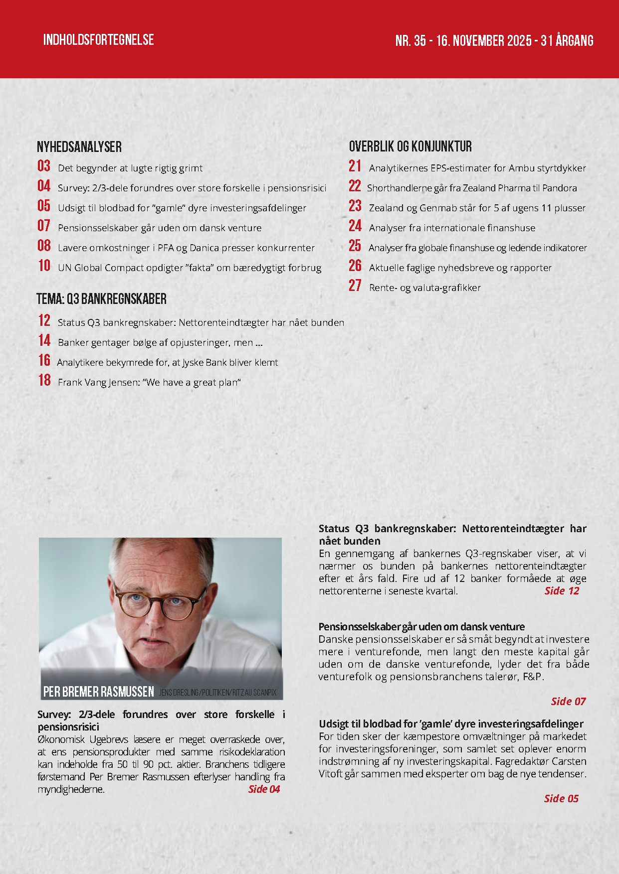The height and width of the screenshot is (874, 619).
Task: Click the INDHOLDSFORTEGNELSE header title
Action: click(98, 40)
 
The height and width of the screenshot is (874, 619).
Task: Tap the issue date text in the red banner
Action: click(494, 40)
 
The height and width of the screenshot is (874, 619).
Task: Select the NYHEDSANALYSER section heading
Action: click(79, 146)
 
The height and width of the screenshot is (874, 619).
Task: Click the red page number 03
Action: click(44, 166)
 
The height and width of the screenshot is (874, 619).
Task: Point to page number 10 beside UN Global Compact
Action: click(44, 266)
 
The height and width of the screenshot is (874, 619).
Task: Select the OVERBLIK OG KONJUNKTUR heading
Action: click(410, 146)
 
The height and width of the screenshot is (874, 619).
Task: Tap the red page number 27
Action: click(355, 286)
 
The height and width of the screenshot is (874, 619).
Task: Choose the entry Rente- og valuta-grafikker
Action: click(424, 288)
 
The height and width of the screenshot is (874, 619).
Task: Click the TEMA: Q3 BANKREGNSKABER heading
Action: click(101, 299)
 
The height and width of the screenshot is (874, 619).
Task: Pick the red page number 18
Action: click(44, 380)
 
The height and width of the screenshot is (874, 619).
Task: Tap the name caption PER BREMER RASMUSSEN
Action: click(99, 692)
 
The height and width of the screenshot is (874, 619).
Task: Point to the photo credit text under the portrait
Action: click(217, 692)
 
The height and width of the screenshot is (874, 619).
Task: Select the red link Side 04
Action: click(264, 789)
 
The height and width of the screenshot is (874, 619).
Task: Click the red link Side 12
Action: click(562, 590)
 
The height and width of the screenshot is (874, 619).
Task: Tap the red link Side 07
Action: click(568, 701)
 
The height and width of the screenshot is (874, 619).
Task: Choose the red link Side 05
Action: click(561, 798)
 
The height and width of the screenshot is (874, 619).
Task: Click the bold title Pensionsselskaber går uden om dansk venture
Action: click(421, 626)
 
